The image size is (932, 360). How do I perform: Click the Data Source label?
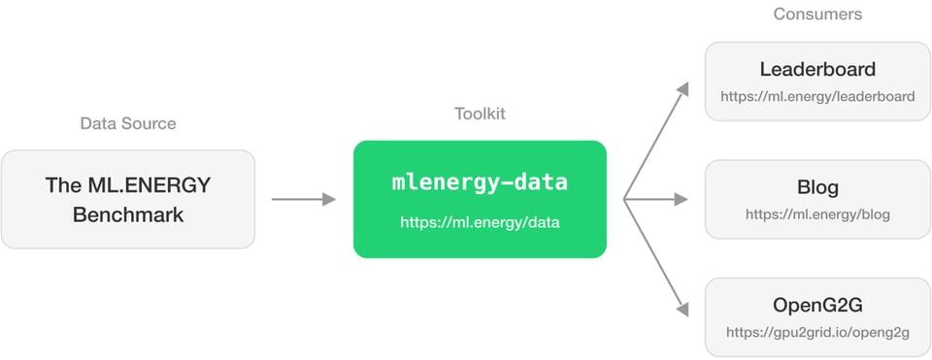pyautogui.click(x=128, y=124)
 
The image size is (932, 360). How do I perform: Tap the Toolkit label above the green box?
pyautogui.click(x=480, y=114)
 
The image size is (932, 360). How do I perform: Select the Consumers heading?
pyautogui.click(x=817, y=15)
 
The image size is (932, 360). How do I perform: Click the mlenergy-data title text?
pyautogui.click(x=480, y=181)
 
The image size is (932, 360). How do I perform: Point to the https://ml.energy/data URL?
pyautogui.click(x=480, y=223)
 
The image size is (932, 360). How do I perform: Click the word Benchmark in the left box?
pyautogui.click(x=128, y=213)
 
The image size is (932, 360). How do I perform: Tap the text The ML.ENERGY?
pyautogui.click(x=128, y=184)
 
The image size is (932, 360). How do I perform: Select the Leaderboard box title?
pyautogui.click(x=817, y=70)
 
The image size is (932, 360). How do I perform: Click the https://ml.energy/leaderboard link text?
pyautogui.click(x=817, y=96)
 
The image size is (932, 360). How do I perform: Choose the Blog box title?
pyautogui.click(x=817, y=187)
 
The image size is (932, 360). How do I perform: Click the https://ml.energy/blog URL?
pyautogui.click(x=817, y=214)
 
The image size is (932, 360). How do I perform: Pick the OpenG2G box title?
pyautogui.click(x=817, y=306)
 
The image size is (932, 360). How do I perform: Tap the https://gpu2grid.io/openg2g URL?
pyautogui.click(x=817, y=333)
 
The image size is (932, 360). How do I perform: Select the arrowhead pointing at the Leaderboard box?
pyautogui.click(x=683, y=89)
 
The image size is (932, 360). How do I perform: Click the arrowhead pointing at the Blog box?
pyautogui.click(x=682, y=200)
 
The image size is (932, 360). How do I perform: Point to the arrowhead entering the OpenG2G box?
pyautogui.click(x=683, y=310)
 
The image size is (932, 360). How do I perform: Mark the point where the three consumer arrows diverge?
pyautogui.click(x=624, y=200)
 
